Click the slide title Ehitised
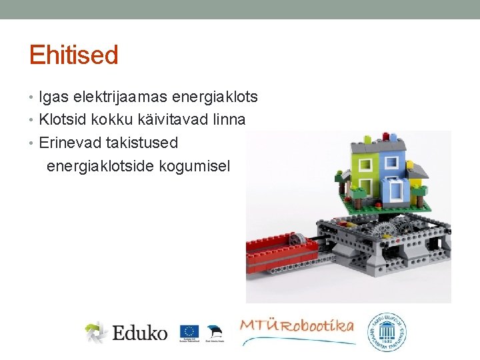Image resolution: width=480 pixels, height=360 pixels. [x=73, y=55]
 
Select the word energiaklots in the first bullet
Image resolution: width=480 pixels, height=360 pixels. [x=215, y=97]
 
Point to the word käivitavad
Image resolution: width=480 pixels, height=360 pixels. [x=171, y=120]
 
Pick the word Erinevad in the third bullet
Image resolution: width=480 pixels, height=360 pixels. [x=70, y=143]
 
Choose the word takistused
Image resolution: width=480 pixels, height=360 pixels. [x=142, y=143]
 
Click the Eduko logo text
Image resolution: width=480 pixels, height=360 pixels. [x=139, y=332]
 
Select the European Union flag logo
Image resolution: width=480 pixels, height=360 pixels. [x=189, y=331]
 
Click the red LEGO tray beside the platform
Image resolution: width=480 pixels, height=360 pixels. [x=287, y=253]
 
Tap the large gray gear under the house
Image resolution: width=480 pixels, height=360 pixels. [x=385, y=231]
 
